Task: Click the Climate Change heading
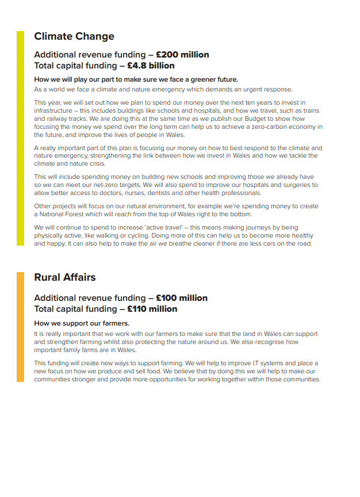[x=74, y=36]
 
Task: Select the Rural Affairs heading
[x=65, y=277]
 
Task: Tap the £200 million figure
[x=182, y=55]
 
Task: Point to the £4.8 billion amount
[x=151, y=66]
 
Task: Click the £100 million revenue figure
[x=182, y=298]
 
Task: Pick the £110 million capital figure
[x=152, y=309]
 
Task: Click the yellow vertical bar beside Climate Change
[x=20, y=138]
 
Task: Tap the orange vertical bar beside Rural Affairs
[x=20, y=327]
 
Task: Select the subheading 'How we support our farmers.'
[x=82, y=323]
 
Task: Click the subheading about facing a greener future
[x=136, y=79]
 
